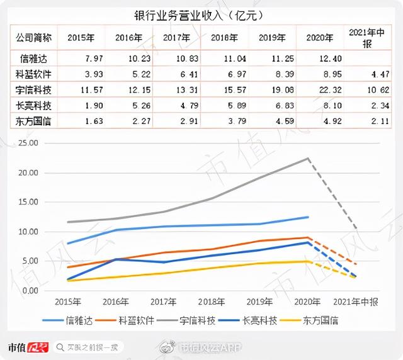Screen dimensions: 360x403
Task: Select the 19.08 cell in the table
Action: pyautogui.click(x=274, y=89)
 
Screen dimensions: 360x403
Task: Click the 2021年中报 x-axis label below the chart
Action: pyautogui.click(x=356, y=303)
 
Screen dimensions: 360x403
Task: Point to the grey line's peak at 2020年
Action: pyautogui.click(x=307, y=159)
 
